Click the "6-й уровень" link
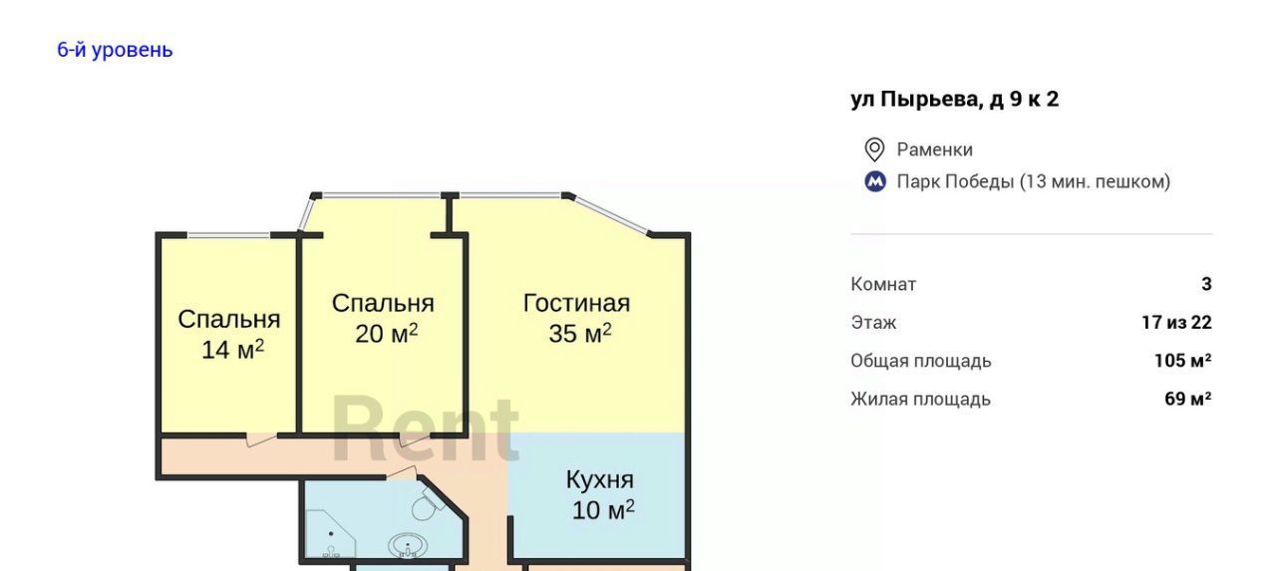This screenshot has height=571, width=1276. point(115,50)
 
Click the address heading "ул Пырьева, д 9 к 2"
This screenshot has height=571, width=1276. point(955,100)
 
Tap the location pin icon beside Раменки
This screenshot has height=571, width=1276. point(874,149)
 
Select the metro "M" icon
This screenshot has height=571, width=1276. point(875,181)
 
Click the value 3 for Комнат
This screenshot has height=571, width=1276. point(1206,284)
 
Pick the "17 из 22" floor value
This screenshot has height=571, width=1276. point(1177,322)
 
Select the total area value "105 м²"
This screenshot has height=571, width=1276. point(1183,361)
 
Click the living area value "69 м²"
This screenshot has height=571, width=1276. point(1188,399)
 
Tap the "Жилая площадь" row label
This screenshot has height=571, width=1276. point(920,399)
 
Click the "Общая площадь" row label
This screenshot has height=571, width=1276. point(921,361)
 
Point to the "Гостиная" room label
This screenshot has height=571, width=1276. point(576,303)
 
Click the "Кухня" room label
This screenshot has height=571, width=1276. point(600,480)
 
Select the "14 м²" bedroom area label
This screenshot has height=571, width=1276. point(232,350)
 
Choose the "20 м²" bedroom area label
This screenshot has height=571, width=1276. point(386,334)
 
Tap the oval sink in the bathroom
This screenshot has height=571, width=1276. point(408,545)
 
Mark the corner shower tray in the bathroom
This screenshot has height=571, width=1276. point(329,533)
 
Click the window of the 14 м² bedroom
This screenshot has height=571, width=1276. point(228,234)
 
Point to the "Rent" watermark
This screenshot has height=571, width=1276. point(426,428)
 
